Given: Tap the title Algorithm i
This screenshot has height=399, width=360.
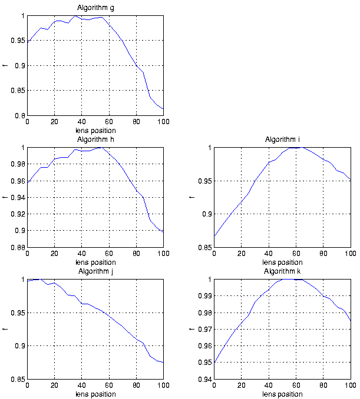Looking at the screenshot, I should (282, 139).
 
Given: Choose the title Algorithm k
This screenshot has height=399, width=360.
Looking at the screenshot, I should (282, 271).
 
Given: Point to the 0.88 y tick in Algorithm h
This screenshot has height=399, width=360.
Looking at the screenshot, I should (16, 248).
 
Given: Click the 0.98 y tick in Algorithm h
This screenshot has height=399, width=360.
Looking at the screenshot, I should (16, 164).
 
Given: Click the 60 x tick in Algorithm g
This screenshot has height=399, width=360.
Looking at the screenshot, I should (109, 122).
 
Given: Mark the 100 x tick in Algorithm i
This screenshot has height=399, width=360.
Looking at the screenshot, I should (350, 254).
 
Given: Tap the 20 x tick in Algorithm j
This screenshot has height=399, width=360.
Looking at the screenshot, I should (54, 385).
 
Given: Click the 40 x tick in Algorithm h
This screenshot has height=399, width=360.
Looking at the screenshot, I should (82, 254).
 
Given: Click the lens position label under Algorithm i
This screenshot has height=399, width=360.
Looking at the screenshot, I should (282, 262).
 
